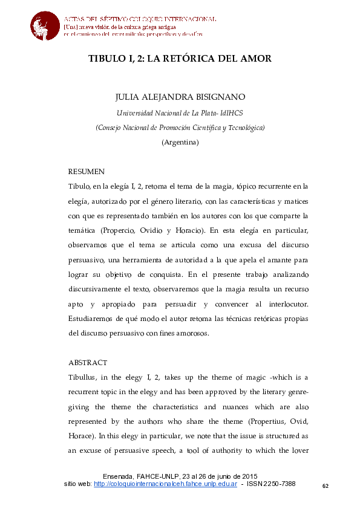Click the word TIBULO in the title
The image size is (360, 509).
pyautogui.click(x=105, y=59)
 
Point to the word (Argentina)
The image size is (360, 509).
pyautogui.click(x=180, y=143)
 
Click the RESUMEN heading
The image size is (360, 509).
pyautogui.click(x=87, y=172)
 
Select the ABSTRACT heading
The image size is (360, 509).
pyautogui.click(x=88, y=363)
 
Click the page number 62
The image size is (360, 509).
pyautogui.click(x=325, y=486)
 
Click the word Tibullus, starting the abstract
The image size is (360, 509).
pyautogui.click(x=87, y=377)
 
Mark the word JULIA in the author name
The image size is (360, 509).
pyautogui.click(x=127, y=97)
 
